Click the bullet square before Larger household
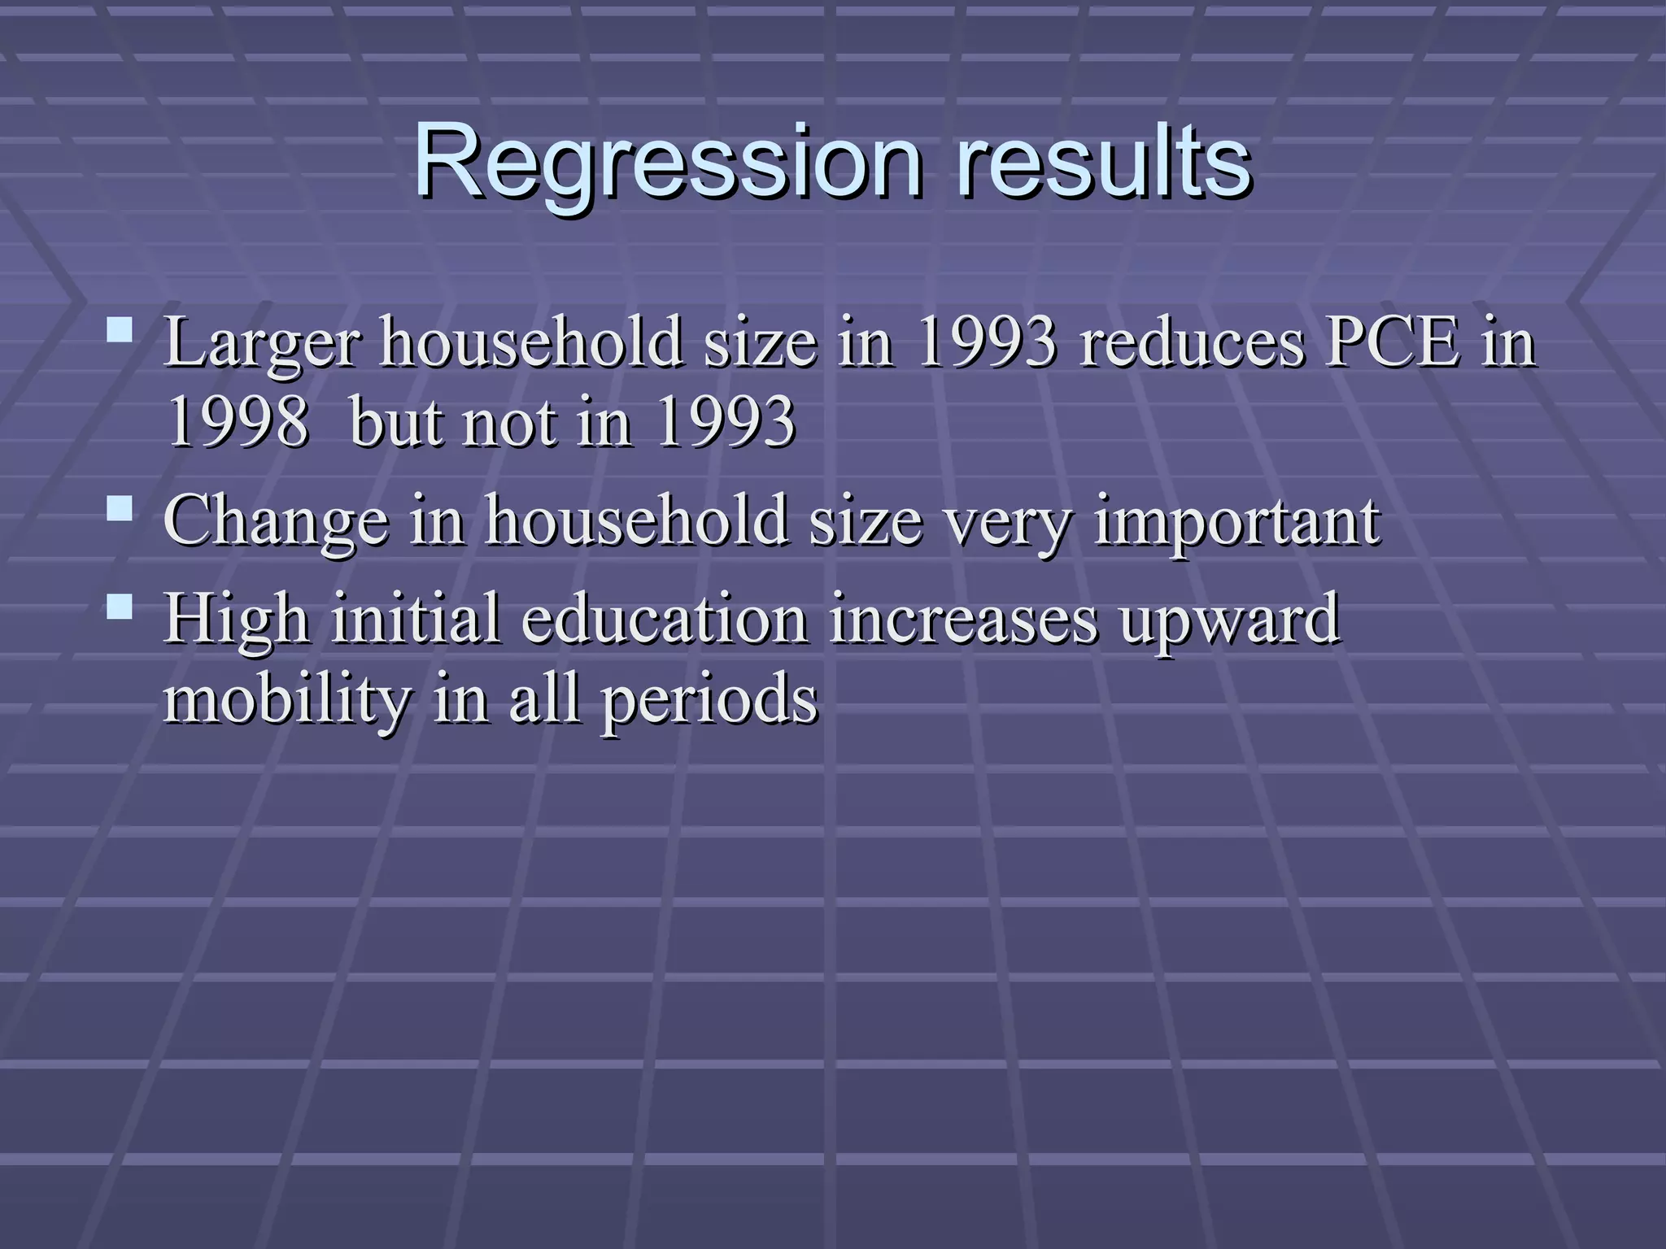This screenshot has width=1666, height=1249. click(x=120, y=329)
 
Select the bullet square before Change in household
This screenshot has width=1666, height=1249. click(x=120, y=509)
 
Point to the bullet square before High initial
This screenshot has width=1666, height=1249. click(x=120, y=607)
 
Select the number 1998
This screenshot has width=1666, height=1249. click(x=237, y=423)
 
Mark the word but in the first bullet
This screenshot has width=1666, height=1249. click(x=395, y=423)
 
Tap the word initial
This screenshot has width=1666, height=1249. click(x=416, y=618)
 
